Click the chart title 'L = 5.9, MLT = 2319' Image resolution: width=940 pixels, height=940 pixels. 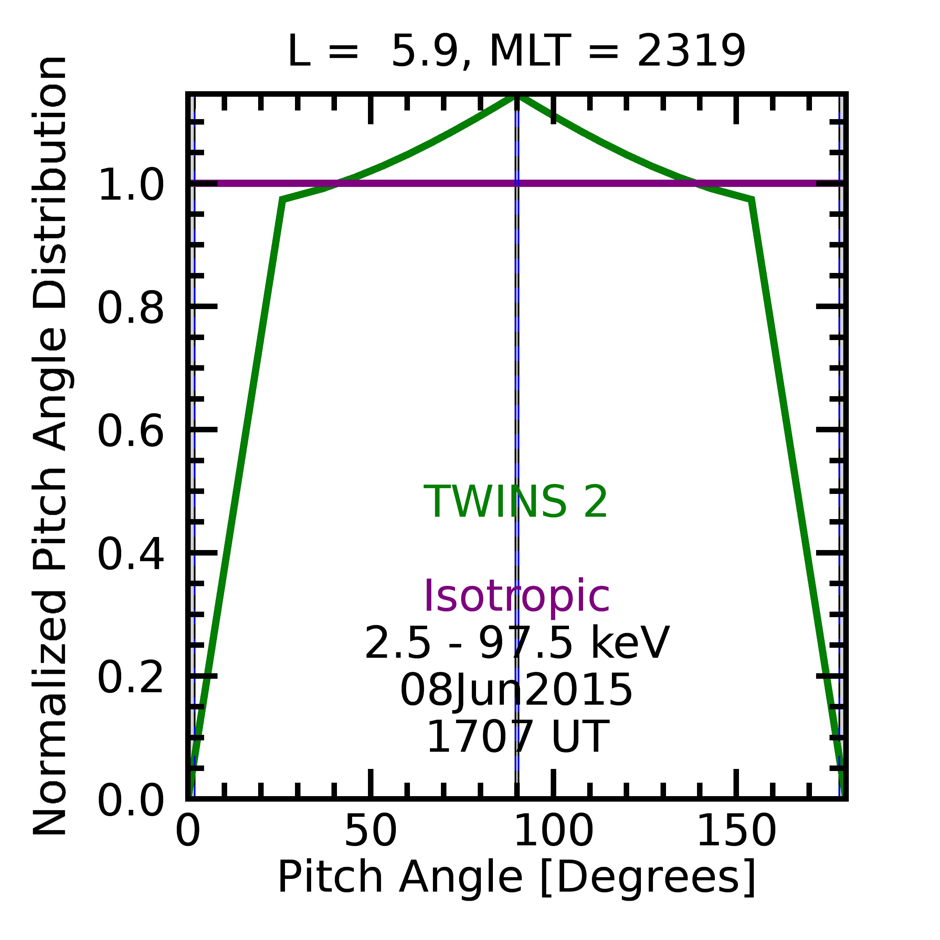pos(516,52)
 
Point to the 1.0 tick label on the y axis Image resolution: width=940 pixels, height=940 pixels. pos(131,185)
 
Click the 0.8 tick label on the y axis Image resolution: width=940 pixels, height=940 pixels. pos(131,308)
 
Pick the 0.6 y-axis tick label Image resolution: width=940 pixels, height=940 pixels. pos(131,431)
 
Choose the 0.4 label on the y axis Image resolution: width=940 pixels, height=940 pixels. pos(131,554)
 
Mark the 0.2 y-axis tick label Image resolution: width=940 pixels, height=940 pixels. pos(131,678)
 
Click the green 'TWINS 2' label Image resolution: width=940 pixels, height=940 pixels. pos(516,502)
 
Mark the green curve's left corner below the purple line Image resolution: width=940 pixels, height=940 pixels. pos(282,200)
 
